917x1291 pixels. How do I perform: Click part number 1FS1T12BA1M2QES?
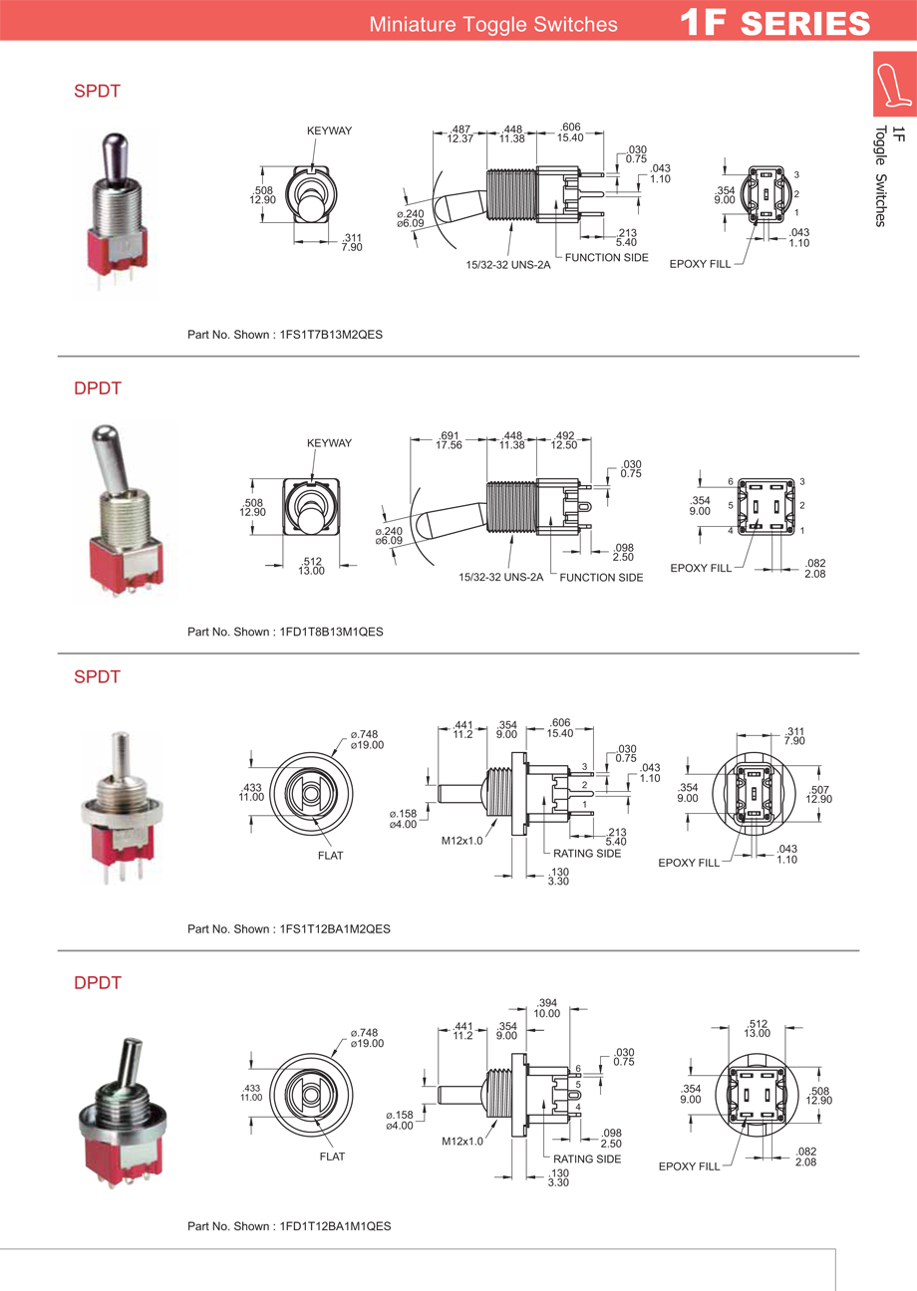(x=331, y=928)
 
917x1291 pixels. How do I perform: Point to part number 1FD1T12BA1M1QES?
(x=331, y=1226)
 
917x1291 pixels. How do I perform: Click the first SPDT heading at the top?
(x=98, y=91)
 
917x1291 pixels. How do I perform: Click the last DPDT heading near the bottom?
(x=98, y=983)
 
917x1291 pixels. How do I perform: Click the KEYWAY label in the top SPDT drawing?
(x=329, y=130)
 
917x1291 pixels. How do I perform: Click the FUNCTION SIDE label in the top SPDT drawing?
(x=607, y=258)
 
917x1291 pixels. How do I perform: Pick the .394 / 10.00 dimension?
(x=547, y=1007)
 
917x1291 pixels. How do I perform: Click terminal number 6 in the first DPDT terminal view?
(x=731, y=482)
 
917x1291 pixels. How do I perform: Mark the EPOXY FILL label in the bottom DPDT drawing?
(x=689, y=1165)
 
